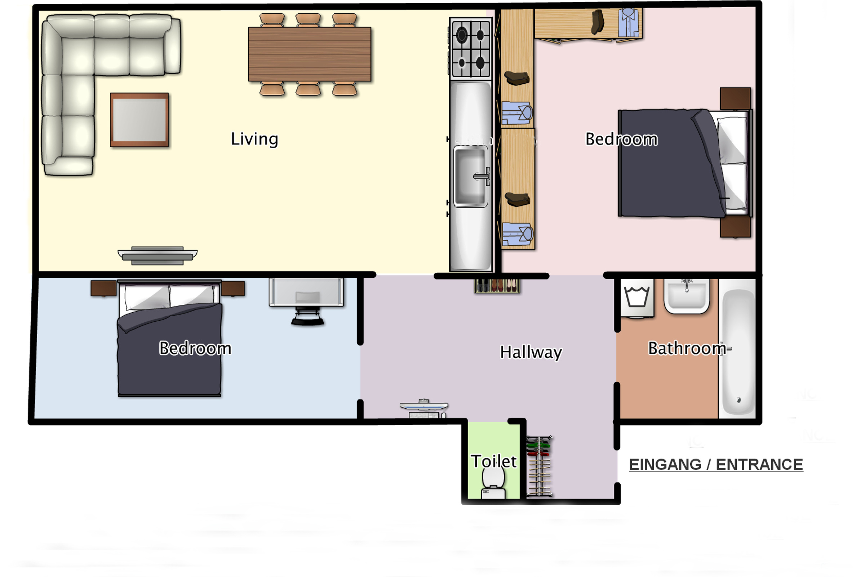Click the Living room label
(x=254, y=140)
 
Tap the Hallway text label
(x=531, y=353)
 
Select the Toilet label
(x=494, y=462)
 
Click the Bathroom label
(x=687, y=348)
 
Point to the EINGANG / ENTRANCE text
(x=716, y=464)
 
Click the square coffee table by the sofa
(x=139, y=120)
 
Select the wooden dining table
(x=310, y=54)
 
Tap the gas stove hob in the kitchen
(x=471, y=49)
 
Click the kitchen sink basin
(x=471, y=176)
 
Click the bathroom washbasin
(x=687, y=296)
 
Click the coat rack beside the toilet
(x=539, y=466)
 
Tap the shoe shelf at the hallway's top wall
(x=497, y=286)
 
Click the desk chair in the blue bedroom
(x=308, y=317)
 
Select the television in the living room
(x=158, y=256)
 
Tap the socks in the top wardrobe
(x=597, y=22)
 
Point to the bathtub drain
(x=739, y=400)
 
